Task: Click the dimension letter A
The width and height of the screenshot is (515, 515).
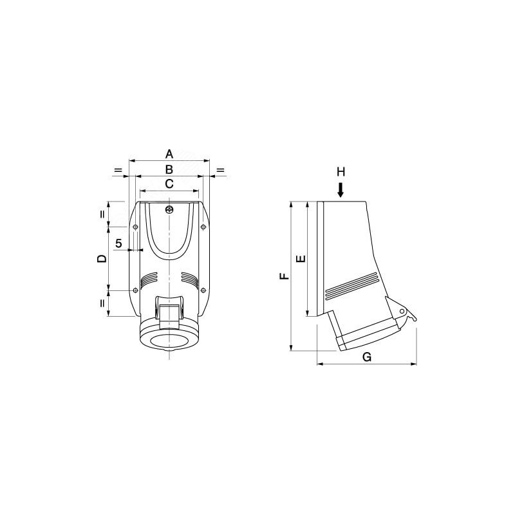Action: coord(169,154)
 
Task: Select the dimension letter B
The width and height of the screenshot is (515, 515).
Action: coord(169,169)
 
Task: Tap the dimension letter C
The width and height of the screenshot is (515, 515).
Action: coord(169,184)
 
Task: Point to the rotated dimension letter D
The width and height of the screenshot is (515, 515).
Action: coord(102,259)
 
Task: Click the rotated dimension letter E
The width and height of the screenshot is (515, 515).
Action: coord(301,259)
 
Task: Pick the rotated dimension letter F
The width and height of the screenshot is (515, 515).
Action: coord(285,276)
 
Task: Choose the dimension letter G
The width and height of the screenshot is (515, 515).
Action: coord(367,357)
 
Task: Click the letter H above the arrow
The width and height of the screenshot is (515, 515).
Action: coord(341,172)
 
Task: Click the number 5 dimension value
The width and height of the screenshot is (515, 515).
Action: coord(118,243)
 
